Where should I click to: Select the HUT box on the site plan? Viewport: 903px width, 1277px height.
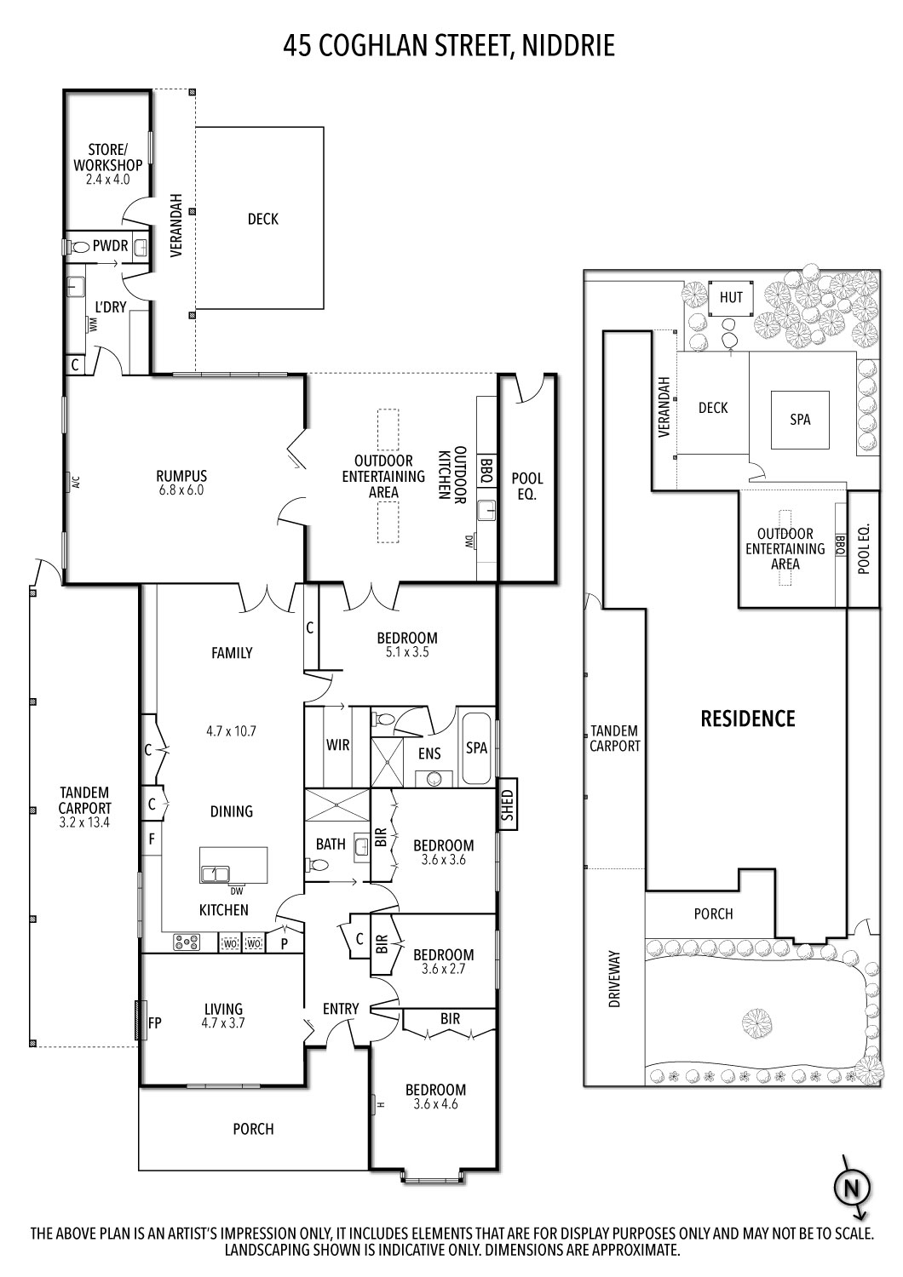(x=731, y=297)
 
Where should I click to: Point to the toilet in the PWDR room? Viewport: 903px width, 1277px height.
(x=81, y=246)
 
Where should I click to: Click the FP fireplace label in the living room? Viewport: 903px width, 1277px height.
(x=156, y=1022)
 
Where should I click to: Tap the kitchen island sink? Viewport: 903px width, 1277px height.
(x=215, y=873)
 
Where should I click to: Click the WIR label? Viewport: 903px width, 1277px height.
(x=338, y=745)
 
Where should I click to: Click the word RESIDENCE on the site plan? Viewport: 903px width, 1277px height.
(x=747, y=719)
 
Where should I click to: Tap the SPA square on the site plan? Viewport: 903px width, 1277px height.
(x=800, y=419)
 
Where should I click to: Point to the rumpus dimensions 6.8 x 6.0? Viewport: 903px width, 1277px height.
(x=181, y=490)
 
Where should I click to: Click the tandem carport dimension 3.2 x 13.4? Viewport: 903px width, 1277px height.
(x=84, y=822)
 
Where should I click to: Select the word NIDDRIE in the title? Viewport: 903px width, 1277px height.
(x=566, y=46)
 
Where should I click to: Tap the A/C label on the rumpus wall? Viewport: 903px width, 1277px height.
(x=75, y=483)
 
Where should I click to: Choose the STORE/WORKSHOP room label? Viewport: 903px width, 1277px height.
(x=107, y=157)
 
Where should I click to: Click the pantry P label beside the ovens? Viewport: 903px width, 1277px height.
(x=284, y=942)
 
